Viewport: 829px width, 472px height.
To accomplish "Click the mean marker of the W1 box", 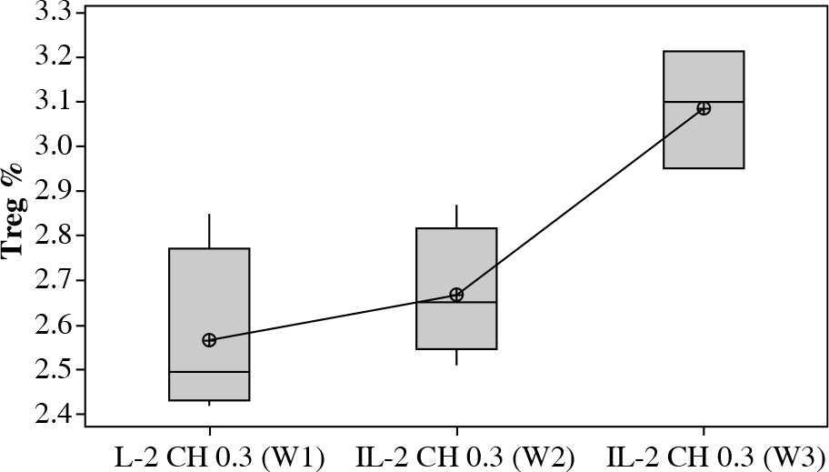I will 209,340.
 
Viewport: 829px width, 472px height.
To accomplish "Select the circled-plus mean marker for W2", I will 456,295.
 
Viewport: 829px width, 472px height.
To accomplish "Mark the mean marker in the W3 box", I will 704,108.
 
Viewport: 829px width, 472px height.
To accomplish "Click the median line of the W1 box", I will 209,372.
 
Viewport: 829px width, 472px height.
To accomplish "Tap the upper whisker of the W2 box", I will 456,216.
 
